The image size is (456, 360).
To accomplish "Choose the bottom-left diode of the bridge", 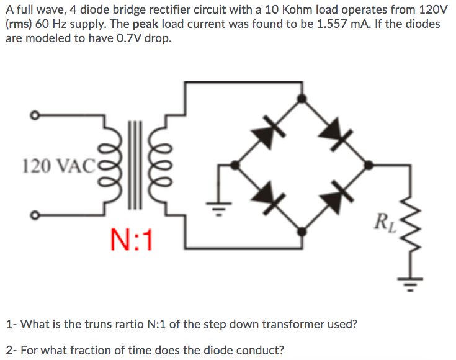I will pyautogui.click(x=265, y=196).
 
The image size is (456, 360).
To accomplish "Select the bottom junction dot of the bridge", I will pyautogui.click(x=302, y=231).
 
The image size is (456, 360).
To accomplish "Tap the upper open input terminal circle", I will pyautogui.click(x=36, y=115).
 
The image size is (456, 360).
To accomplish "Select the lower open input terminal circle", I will pyautogui.click(x=36, y=215).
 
